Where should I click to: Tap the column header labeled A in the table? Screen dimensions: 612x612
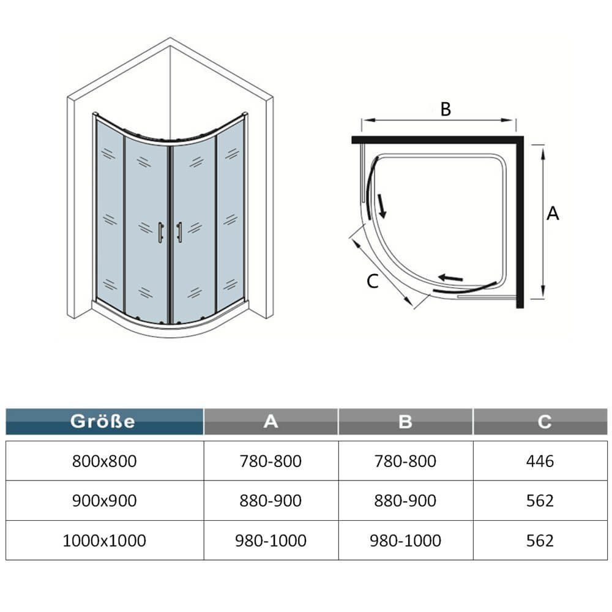[271, 421]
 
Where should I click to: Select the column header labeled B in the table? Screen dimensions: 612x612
[405, 421]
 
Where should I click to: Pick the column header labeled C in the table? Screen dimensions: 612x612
[540, 421]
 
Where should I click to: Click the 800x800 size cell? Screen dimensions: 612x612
[104, 461]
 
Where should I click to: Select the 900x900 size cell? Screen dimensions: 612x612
[104, 501]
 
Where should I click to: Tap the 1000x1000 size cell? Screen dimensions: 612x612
[104, 540]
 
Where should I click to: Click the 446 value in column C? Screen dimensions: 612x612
[540, 461]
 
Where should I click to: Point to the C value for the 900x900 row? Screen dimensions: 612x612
[540, 501]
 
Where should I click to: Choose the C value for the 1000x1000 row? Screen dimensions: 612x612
[540, 540]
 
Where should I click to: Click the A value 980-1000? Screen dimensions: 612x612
[271, 540]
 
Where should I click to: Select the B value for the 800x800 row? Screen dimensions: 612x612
[405, 461]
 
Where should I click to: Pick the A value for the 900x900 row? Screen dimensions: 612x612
[271, 501]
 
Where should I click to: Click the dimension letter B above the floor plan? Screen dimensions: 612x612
[446, 109]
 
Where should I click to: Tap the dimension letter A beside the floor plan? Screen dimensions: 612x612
[553, 214]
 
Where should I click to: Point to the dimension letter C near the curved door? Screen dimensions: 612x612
[373, 281]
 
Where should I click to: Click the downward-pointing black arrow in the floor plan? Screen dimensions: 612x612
[381, 206]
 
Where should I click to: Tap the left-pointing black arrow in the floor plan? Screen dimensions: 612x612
[450, 278]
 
